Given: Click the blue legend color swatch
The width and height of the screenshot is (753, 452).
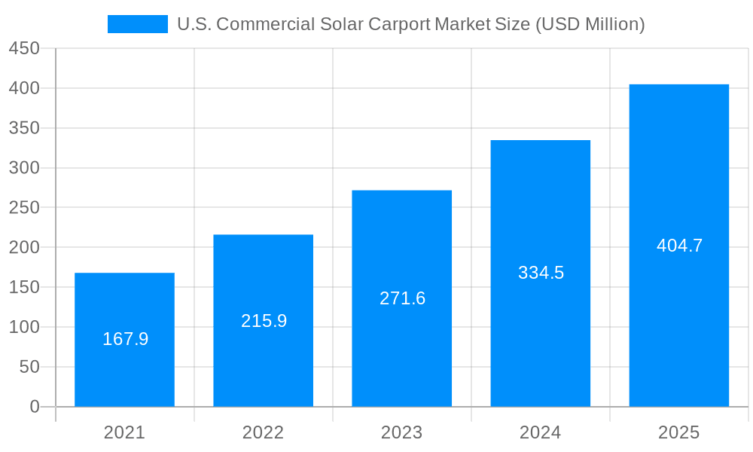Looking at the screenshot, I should coord(138,24).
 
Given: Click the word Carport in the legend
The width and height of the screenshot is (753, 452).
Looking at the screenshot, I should coord(400,24).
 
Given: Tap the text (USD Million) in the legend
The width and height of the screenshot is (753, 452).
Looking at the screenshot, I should coord(590,24).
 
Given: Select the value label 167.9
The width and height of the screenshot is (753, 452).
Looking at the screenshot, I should coord(125,339).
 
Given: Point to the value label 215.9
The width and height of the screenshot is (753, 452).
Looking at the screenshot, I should coord(264,321).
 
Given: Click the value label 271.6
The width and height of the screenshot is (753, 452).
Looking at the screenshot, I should coord(402,298).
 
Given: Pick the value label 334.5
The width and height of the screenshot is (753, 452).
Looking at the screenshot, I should coord(541,273).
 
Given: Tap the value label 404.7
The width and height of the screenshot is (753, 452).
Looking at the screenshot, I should coord(679,246).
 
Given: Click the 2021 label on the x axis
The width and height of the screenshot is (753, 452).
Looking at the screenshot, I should coord(124,432).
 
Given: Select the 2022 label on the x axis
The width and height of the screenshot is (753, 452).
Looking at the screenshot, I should coord(263,432).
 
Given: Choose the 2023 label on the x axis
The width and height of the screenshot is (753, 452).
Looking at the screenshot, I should coord(401,432).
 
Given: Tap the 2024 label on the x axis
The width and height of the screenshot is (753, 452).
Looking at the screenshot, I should coord(540,432).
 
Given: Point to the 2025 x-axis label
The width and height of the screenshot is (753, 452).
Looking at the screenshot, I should coord(678,432).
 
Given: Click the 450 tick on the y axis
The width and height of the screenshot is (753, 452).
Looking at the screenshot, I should coord(24,48).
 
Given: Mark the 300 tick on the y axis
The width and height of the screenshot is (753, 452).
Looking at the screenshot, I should coord(24,168).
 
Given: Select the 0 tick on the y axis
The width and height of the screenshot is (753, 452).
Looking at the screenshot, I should coord(35,407).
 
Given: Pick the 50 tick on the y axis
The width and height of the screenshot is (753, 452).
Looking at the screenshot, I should coord(29,367).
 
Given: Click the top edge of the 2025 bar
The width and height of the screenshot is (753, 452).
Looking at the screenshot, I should coord(679,85).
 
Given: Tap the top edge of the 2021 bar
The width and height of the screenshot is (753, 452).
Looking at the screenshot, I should coord(125,273).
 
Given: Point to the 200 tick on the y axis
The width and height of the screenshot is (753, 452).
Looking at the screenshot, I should coord(24,247).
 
